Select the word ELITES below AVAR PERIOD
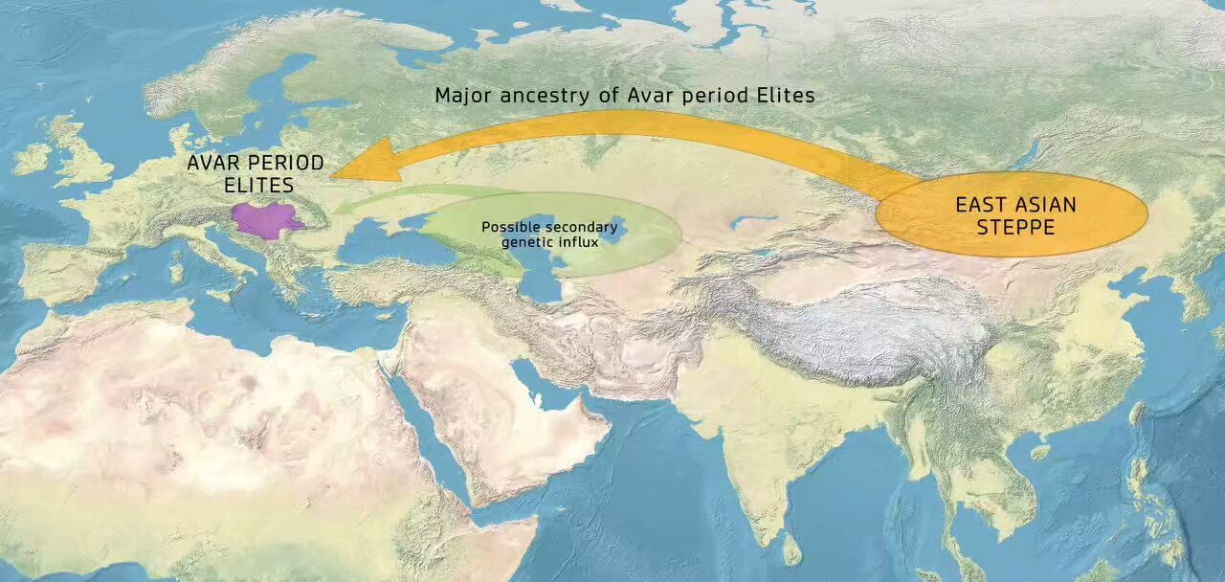coord(256,185)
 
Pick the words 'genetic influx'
coord(550,242)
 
